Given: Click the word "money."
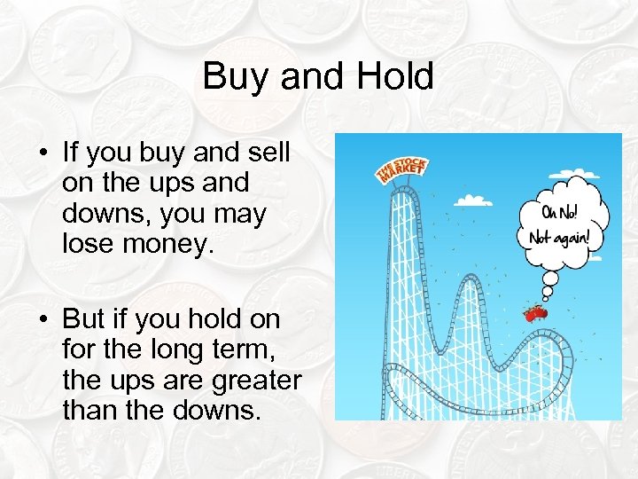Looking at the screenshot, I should (171, 245).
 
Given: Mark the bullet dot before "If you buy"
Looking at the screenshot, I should (43, 153).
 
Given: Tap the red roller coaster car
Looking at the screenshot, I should (535, 312).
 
